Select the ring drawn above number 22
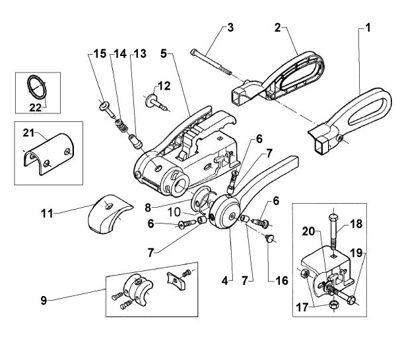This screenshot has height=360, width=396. click(38, 86)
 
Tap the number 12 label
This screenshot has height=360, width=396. click(163, 85)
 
